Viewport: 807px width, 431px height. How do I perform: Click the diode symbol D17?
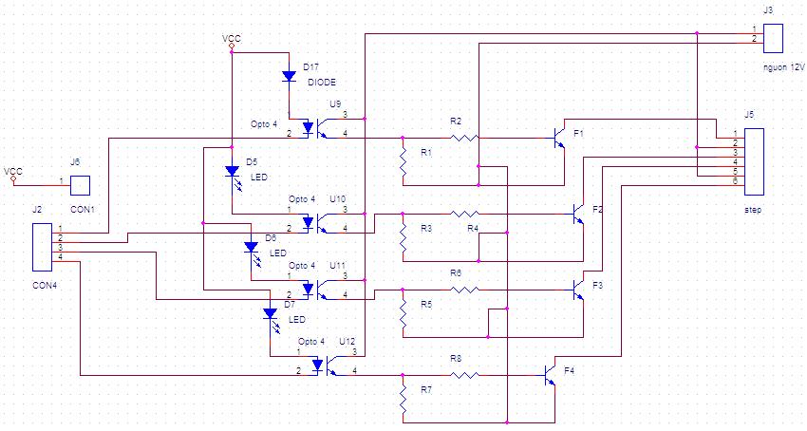290,76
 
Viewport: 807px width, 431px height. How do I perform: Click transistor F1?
559,138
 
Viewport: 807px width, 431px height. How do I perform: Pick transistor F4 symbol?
550,375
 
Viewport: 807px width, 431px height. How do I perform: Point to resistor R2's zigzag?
464,138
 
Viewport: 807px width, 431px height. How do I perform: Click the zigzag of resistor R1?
403,162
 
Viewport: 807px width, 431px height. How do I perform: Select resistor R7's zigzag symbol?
403,400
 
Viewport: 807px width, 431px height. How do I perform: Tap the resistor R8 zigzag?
464,375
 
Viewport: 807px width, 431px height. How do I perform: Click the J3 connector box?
773,38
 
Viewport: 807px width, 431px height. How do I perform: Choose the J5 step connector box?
754,161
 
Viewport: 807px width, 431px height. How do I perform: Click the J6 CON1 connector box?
81,185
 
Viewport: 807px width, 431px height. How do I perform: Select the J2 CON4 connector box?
42,247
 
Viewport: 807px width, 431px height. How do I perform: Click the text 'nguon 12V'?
784,67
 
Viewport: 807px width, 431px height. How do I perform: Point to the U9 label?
335,104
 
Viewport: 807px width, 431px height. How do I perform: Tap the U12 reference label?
347,342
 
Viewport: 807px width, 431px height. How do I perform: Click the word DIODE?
322,82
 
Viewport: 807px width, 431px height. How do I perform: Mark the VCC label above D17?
232,39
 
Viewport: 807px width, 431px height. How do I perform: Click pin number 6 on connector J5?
736,181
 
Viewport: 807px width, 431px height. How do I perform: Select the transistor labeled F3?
578,290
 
